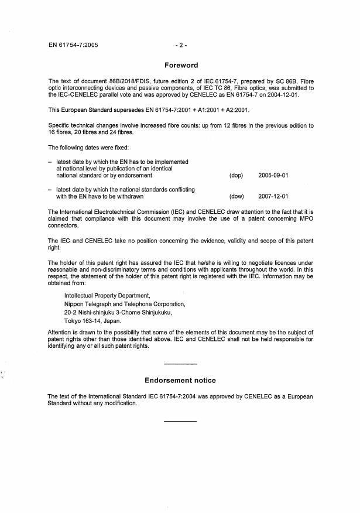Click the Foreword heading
(181, 66)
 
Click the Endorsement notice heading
(180, 380)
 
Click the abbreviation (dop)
(237, 175)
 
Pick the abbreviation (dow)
(237, 197)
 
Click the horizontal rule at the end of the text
(180, 421)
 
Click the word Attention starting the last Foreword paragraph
(61, 332)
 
